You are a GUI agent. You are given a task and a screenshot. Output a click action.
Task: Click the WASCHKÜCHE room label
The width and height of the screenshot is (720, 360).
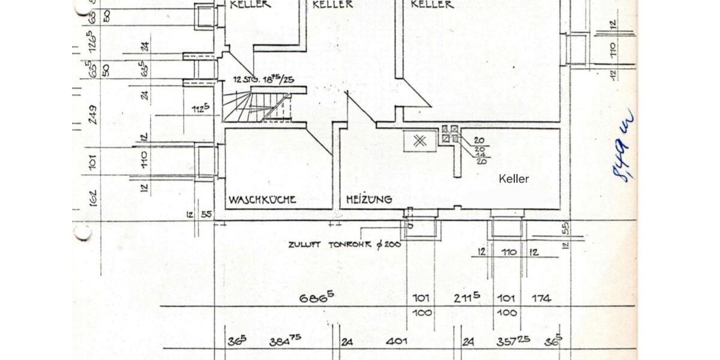tap(262, 199)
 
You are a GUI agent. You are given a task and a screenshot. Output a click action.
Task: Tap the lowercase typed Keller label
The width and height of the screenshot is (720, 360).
tap(514, 179)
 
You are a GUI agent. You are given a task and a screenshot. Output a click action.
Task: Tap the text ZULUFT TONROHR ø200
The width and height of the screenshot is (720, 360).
tap(344, 244)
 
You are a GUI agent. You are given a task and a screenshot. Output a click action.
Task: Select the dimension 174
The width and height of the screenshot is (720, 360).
tap(541, 298)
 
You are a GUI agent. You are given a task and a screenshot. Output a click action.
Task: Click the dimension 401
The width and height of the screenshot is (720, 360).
tap(397, 341)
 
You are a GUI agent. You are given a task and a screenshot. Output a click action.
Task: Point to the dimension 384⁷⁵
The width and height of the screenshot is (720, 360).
tap(285, 341)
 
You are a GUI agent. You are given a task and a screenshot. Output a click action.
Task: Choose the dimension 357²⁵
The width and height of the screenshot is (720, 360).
tap(513, 341)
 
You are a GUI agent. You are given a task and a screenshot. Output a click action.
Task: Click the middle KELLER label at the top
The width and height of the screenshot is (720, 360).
tap(332, 5)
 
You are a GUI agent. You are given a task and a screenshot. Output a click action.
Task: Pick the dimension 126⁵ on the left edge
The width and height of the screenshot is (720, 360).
tap(92, 46)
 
